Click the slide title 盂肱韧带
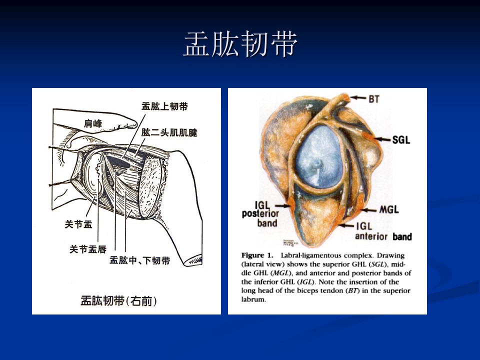coord(240,44)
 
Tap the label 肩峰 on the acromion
coord(93,123)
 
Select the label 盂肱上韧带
coord(164,106)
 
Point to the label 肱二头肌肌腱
coord(169,132)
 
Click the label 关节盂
coord(78,224)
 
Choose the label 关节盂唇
coord(88,249)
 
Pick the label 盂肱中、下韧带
coord(140,260)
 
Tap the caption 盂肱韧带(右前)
coord(119,301)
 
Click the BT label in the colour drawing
coord(374,99)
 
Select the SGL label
coord(401,140)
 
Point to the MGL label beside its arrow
coord(389,209)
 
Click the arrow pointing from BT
coord(358,98)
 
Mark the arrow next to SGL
coord(382,139)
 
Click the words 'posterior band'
coord(260,218)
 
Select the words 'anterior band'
coord(383,236)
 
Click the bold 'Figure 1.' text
coord(257,255)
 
